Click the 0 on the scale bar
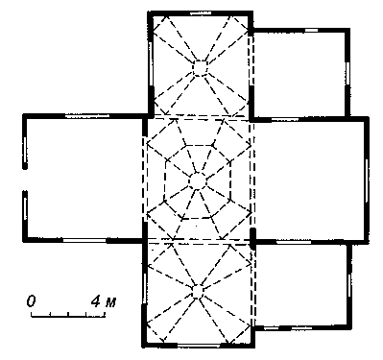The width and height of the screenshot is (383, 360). pos(31,301)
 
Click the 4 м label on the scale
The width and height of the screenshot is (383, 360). pos(104,301)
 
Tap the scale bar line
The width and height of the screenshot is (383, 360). pos(68,317)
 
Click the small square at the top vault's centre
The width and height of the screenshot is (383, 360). pos(201,68)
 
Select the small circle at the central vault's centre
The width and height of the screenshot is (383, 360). pos(198,181)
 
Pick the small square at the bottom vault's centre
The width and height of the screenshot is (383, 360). pos(198,291)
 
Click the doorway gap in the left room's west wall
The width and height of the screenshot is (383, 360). pos(25,180)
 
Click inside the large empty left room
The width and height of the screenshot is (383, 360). pos(84,179)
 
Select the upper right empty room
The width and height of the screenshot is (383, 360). pos(299,74)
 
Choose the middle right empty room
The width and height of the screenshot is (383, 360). pos(309,180)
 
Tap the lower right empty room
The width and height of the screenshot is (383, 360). pos(300,285)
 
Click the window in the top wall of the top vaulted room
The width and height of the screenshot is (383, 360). pos(201,13)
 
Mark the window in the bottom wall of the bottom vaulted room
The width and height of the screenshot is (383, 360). pos(199,346)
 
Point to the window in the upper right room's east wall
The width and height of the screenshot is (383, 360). pos(347,73)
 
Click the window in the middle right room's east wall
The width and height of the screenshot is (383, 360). pos(367,180)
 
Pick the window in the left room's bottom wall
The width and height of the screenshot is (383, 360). pos(84,240)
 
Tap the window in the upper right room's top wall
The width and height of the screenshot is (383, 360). pos(311,31)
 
